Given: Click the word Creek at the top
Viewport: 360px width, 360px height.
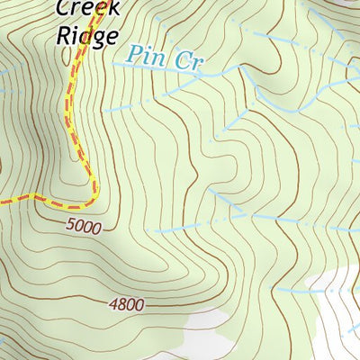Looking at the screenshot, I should click(87, 9).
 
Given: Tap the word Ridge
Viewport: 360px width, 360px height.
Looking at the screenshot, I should click(87, 36).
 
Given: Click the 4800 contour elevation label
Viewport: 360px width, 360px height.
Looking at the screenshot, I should click(126, 305).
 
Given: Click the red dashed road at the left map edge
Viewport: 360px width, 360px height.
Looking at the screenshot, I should click(3, 202).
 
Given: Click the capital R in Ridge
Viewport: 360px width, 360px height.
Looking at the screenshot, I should click(64, 36).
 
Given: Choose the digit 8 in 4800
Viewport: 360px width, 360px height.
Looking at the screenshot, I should click(121, 305).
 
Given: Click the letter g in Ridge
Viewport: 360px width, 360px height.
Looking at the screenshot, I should click(98, 39).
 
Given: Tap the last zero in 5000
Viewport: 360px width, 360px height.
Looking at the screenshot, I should click(97, 228).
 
